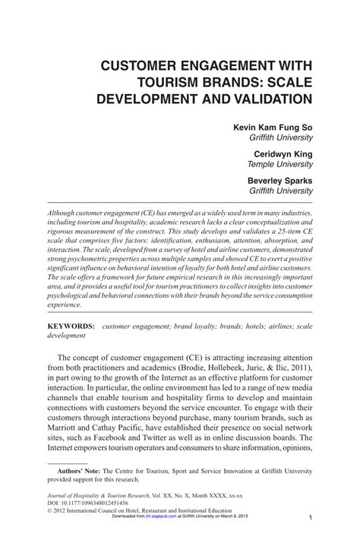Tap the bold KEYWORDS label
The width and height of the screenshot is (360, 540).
[x=71, y=325]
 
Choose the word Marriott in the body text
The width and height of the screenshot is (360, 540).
[x=67, y=429]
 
